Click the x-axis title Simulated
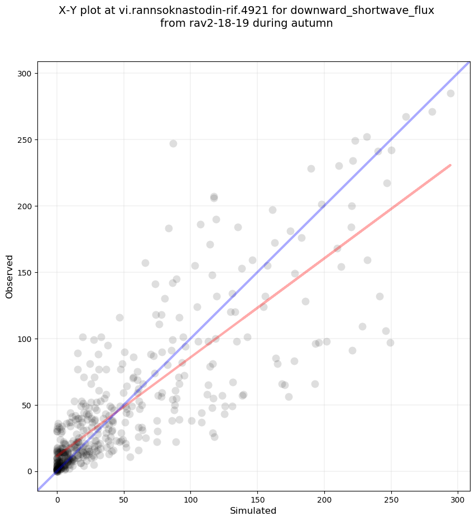[x=253, y=510]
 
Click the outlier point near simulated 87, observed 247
[x=173, y=143]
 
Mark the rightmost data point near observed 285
[x=450, y=93]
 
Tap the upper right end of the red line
[x=450, y=165]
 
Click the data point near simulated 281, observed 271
[x=432, y=112]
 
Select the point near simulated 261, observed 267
[x=406, y=117]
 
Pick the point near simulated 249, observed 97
[x=390, y=342]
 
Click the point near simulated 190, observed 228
[x=311, y=168]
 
